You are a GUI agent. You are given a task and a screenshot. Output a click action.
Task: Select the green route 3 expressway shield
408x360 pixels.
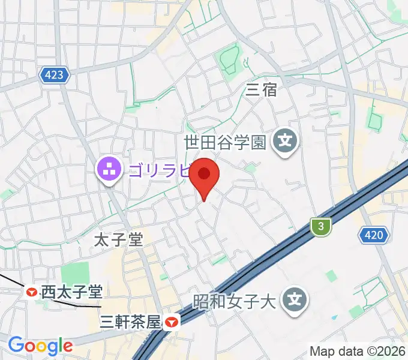pos(322,226)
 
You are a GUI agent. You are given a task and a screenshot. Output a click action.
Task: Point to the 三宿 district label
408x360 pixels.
pos(262,90)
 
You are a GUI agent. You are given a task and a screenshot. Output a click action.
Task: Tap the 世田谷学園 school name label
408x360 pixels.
pos(225,142)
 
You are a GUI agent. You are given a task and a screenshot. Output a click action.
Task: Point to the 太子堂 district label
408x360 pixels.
pos(119,241)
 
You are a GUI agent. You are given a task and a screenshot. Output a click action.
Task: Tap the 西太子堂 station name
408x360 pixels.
pos(71,293)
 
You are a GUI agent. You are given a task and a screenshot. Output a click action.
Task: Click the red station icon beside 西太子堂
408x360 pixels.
pos(31,293)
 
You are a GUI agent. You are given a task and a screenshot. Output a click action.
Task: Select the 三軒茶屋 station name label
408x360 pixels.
pos(131,322)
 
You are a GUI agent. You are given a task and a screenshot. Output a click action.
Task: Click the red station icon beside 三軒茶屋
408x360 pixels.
pos(173,322)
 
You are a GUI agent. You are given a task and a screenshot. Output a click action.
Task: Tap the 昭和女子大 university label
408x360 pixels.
pos(233,299)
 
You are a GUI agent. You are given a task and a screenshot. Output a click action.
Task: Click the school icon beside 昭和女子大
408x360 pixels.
pos(295,299)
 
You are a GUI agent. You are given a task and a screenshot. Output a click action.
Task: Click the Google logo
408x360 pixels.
pos(40,345)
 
